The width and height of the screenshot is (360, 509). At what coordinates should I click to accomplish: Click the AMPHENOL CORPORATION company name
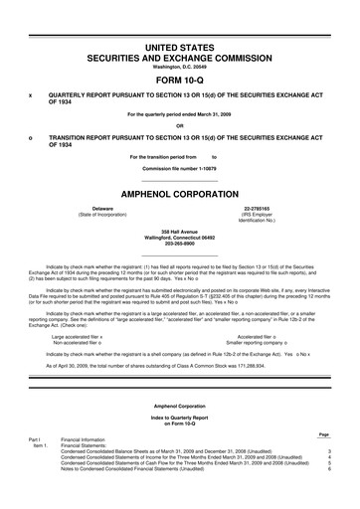tap(180, 169)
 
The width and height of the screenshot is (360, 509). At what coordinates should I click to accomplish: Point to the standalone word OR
tap(180, 124)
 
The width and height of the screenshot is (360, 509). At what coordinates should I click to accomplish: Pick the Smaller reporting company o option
tap(258, 344)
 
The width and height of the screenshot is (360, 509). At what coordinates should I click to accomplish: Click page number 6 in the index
tap(328, 468)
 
